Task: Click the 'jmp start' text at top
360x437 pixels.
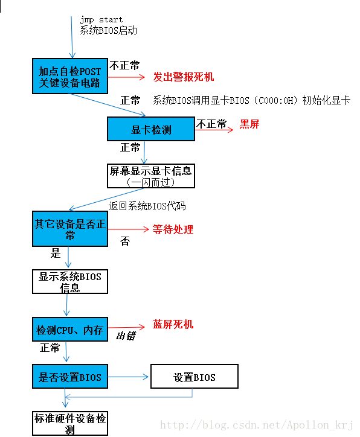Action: click(x=101, y=19)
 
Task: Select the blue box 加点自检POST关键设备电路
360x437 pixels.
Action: click(x=70, y=77)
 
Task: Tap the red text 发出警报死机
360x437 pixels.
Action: click(x=183, y=77)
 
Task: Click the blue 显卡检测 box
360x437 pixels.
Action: click(x=151, y=130)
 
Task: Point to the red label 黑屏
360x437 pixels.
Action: click(x=249, y=124)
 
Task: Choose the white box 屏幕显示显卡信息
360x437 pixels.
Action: click(x=151, y=176)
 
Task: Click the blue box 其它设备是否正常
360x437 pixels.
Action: click(x=70, y=229)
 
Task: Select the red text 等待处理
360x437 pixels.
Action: click(x=173, y=230)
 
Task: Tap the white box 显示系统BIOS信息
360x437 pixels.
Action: click(x=70, y=282)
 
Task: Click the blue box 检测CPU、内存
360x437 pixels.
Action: click(x=70, y=330)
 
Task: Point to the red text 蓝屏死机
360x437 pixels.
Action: click(x=173, y=325)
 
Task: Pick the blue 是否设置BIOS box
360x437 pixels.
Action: click(x=70, y=378)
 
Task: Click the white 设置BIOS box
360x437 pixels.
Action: click(x=194, y=378)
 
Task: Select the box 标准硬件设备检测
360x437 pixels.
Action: click(x=70, y=423)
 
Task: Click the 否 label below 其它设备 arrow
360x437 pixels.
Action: click(x=124, y=241)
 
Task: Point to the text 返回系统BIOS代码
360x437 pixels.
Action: click(x=147, y=206)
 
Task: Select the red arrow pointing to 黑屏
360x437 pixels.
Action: click(x=214, y=130)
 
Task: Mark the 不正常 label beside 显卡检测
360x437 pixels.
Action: click(x=211, y=124)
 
